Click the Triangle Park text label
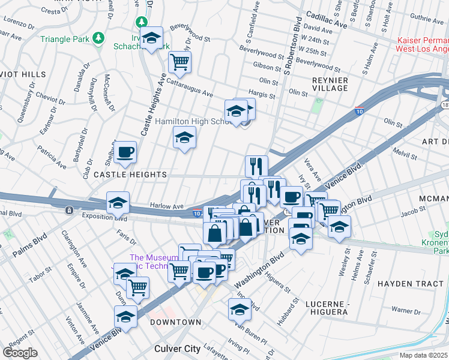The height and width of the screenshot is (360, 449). tap(65, 40)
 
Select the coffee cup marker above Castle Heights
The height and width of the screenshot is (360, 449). tap(125, 152)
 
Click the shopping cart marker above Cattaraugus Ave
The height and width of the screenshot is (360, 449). tap(179, 61)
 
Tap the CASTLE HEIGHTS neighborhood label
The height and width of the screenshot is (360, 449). tap(130, 175)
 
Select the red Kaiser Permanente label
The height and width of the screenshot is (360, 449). tap(423, 44)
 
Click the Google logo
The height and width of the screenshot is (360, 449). tap(20, 353)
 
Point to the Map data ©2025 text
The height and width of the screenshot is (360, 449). tap(424, 355)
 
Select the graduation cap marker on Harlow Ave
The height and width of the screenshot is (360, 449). tap(118, 203)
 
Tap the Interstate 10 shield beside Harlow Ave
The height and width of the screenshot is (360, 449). tap(197, 212)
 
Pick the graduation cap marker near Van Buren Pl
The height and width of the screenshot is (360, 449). tap(240, 310)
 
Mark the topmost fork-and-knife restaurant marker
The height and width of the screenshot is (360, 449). tap(256, 166)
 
